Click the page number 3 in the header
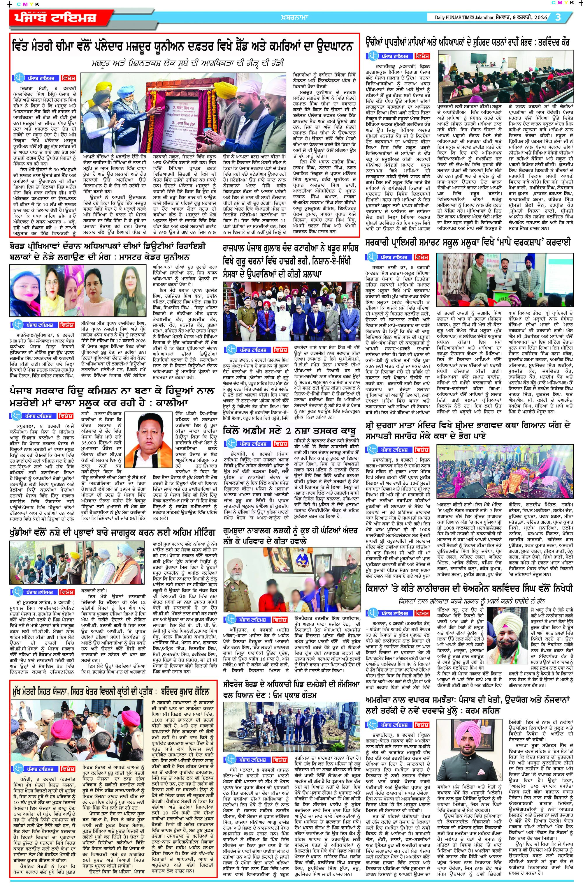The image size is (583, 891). click(558, 17)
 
